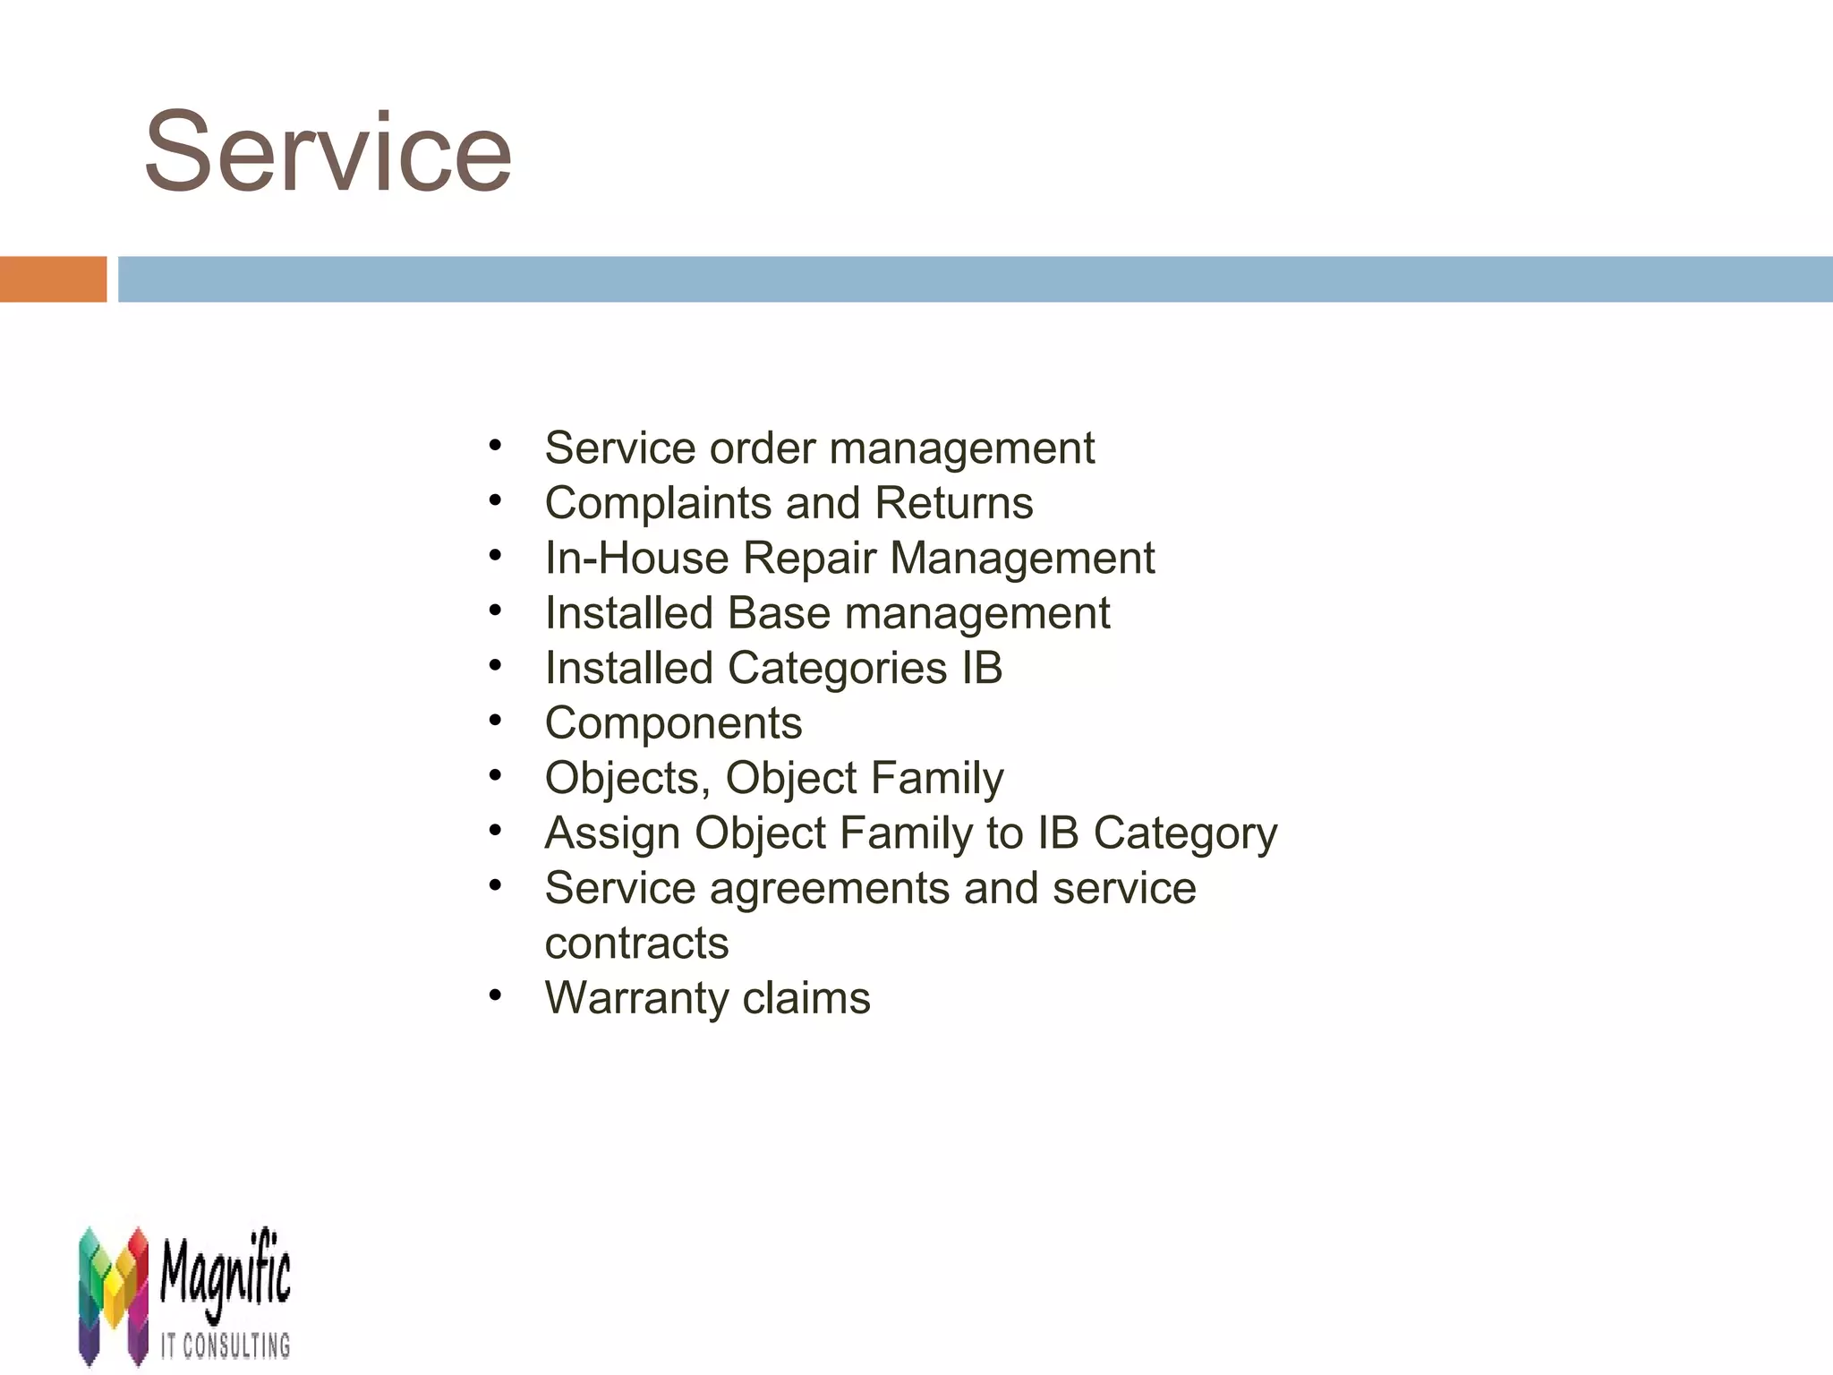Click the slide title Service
click(328, 152)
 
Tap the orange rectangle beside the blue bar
click(53, 279)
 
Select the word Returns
click(953, 503)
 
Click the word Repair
click(809, 558)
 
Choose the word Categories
click(837, 669)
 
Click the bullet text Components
click(673, 723)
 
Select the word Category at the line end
click(1185, 833)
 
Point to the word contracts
click(636, 944)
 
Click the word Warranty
click(635, 998)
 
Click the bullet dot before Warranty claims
click(495, 995)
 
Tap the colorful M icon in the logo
click(113, 1294)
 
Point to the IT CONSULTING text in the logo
click(226, 1345)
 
